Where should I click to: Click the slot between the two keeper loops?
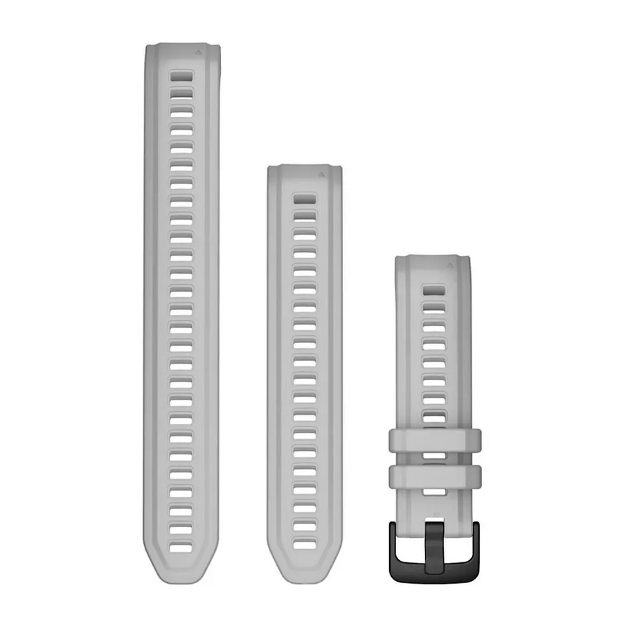(x=434, y=456)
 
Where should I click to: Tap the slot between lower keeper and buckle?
(x=434, y=491)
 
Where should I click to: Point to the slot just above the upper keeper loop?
(x=434, y=418)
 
